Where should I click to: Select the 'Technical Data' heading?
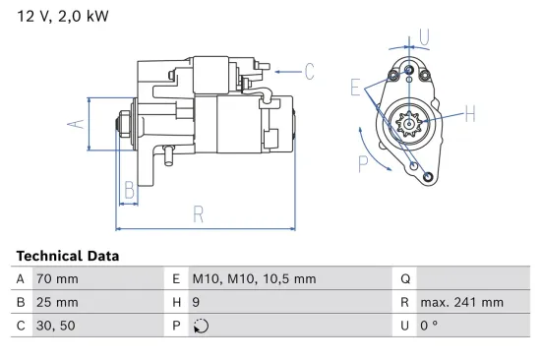point(67,256)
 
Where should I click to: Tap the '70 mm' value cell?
point(57,278)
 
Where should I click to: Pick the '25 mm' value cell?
point(57,303)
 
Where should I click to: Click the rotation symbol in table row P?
point(201,328)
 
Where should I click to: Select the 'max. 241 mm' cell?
point(461,303)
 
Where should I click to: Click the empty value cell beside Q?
point(472,278)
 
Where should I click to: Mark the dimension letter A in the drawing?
point(72,124)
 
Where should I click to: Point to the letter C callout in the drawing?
point(308,70)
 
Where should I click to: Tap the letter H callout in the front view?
point(469,114)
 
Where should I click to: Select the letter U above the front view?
point(423,37)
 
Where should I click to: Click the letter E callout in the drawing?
point(355,88)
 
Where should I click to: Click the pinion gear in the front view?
point(405,125)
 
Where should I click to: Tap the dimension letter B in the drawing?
point(129,190)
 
